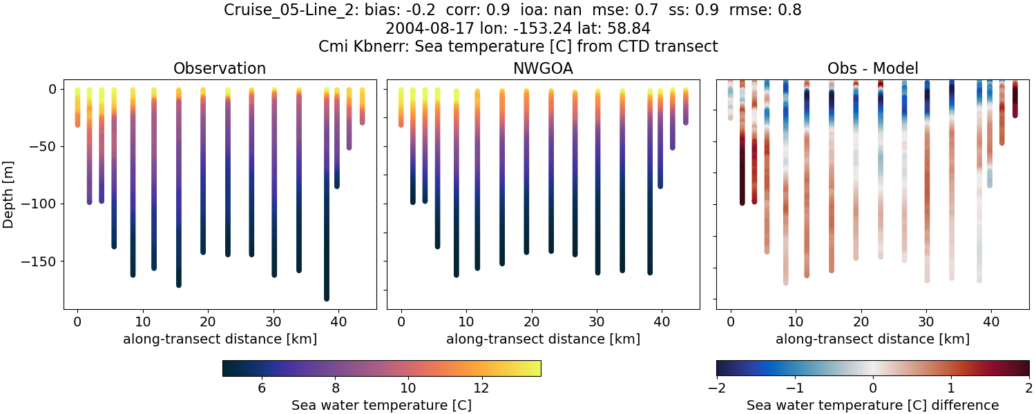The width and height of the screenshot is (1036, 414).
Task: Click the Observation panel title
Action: click(220, 68)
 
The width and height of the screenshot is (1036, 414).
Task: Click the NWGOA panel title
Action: click(543, 68)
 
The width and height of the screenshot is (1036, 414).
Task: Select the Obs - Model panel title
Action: click(872, 68)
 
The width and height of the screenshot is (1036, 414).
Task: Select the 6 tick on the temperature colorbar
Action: click(262, 388)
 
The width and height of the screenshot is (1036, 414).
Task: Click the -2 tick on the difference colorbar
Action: click(716, 388)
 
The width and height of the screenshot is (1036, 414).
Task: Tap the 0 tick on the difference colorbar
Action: click(873, 388)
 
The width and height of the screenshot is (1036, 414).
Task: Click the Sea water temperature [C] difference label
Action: click(872, 405)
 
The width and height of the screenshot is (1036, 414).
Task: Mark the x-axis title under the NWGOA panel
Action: click(543, 339)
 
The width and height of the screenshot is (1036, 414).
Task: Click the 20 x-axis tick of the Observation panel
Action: click(207, 322)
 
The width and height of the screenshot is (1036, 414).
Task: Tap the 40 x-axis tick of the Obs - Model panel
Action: click(991, 322)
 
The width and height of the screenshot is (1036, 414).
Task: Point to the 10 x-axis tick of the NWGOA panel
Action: click(466, 322)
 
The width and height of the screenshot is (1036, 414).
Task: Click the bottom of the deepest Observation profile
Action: click(326, 297)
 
